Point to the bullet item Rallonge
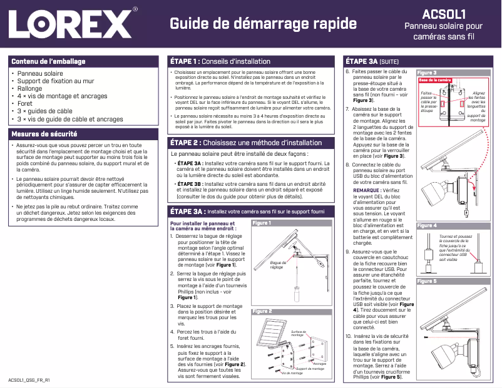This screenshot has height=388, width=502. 29,89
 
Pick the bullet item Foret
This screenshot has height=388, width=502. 25,104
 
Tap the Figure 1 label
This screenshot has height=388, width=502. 261,223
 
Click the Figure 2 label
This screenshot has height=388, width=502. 261,311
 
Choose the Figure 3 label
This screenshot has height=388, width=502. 426,73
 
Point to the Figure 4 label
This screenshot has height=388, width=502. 426,225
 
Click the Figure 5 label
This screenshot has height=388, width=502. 426,282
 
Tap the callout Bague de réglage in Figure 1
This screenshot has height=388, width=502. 277,265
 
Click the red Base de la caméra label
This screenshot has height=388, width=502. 435,80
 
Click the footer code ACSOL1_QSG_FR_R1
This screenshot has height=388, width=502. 28,380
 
